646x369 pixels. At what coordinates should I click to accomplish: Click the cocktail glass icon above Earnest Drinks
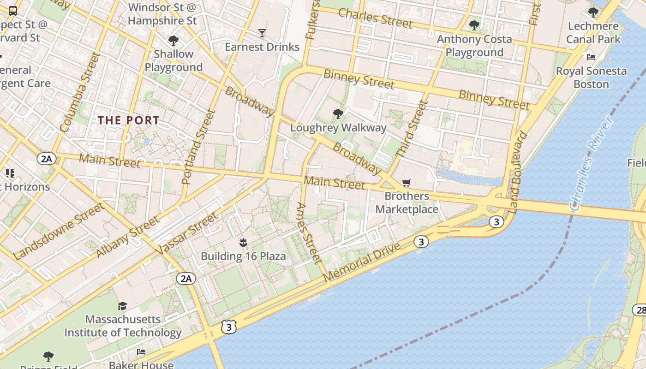point(262,33)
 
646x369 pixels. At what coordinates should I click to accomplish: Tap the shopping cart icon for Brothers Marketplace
point(406,183)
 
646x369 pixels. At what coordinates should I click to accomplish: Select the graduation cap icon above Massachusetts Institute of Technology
point(122,306)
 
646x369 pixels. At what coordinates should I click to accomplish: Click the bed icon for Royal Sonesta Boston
point(591,57)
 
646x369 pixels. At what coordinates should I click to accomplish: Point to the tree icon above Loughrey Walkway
point(338,114)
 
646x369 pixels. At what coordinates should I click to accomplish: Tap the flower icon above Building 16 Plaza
point(243,243)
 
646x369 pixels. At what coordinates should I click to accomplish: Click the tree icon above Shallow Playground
point(173,41)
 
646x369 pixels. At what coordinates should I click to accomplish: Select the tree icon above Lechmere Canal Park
point(593,12)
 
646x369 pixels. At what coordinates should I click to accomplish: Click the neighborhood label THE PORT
point(129,120)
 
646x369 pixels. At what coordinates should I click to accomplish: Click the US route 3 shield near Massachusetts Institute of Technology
point(229,327)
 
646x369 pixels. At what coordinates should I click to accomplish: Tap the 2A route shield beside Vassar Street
point(185,279)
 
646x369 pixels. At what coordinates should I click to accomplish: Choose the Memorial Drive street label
point(362,262)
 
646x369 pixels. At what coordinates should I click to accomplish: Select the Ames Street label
point(308,233)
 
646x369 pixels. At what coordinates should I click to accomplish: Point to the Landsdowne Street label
point(59,232)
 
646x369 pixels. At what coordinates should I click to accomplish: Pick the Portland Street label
point(199,147)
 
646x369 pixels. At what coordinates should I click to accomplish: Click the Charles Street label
point(375,18)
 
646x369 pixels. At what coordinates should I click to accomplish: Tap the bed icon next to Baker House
point(141,352)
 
